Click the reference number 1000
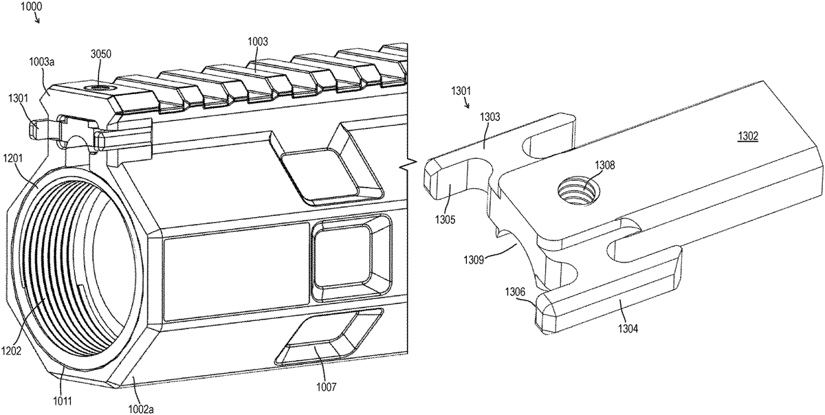[x=32, y=6]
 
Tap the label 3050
[x=101, y=54]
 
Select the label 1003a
[x=42, y=62]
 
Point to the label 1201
[x=13, y=158]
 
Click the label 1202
[x=11, y=350]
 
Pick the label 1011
[x=62, y=401]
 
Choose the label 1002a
[x=141, y=409]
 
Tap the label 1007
[x=327, y=387]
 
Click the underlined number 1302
[x=748, y=137]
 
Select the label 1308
[x=605, y=166]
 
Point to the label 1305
[x=445, y=220]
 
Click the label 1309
[x=474, y=260]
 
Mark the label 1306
[x=515, y=292]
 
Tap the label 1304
[x=628, y=328]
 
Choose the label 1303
[x=490, y=117]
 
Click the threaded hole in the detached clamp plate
[x=577, y=192]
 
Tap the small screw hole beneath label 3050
[x=100, y=89]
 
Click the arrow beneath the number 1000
[x=36, y=18]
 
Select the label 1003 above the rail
[x=257, y=42]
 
